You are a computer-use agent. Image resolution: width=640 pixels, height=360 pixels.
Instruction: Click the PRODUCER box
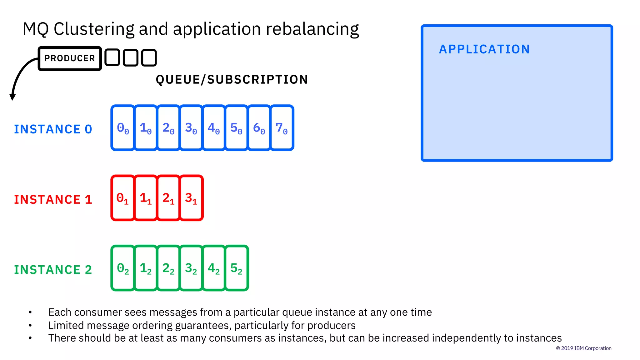70,58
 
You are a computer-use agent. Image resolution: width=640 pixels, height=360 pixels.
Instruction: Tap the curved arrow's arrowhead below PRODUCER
12,97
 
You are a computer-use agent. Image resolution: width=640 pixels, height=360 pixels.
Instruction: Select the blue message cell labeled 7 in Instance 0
282,128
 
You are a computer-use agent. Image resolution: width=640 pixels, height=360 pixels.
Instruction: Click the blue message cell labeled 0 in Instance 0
123,128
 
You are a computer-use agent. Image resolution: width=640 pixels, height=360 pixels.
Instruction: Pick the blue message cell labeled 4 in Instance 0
214,128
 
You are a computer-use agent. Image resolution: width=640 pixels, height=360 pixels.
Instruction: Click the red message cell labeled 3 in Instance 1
191,198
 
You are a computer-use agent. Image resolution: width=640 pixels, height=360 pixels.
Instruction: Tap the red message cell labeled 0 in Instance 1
123,198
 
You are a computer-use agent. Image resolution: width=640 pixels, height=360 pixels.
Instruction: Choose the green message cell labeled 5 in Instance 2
237,268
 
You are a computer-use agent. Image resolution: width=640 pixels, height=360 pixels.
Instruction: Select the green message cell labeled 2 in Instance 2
168,268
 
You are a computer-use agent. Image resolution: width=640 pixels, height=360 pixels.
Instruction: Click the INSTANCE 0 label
53,129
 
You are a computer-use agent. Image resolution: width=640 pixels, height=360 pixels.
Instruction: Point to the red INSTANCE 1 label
53,200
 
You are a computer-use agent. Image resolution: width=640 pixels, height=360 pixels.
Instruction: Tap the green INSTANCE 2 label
53,270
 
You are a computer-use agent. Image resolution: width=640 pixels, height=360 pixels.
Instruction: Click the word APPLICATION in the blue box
484,49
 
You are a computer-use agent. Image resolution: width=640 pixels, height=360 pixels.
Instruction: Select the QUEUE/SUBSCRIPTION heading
232,80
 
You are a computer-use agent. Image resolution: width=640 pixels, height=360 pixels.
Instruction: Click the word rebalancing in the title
312,29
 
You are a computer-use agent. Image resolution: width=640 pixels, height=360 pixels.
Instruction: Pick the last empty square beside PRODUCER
149,58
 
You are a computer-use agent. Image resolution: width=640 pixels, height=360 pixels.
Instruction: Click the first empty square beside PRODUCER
112,58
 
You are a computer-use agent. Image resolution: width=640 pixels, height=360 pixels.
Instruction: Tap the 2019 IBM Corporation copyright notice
583,348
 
